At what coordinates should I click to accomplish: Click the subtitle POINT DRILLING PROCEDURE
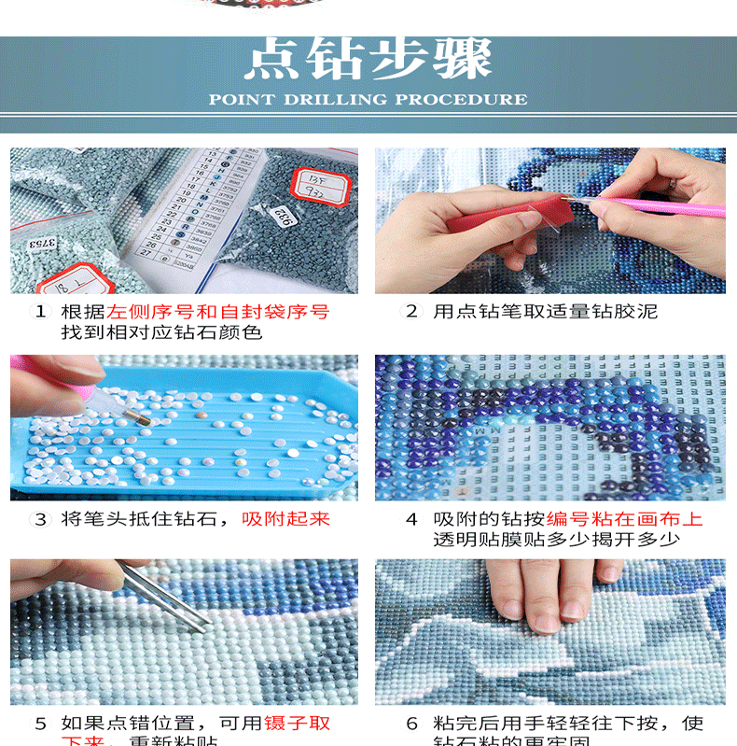pos(368,99)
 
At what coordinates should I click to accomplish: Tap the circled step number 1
pos(40,312)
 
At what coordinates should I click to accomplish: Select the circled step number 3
pos(40,519)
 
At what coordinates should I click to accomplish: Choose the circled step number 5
pos(40,724)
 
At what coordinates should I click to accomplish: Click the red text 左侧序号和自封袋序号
pos(218,312)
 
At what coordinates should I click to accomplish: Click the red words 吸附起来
pos(286,519)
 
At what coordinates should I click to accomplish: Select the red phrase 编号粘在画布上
pos(624,519)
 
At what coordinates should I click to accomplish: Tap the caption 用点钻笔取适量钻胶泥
pos(545,312)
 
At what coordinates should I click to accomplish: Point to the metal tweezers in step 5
pos(168,598)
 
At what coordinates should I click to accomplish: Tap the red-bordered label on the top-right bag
pos(316,183)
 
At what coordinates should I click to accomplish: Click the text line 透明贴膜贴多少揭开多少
pos(556,540)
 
